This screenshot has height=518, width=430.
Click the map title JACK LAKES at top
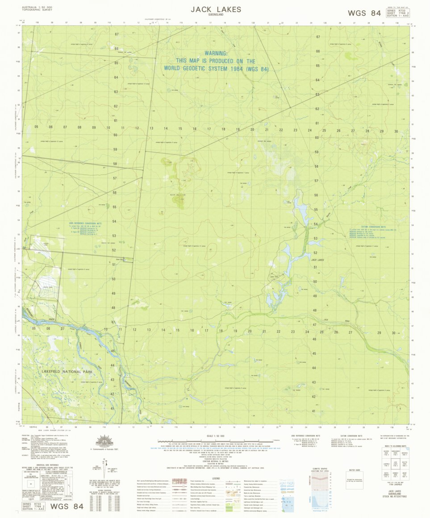pyautogui.click(x=216, y=9)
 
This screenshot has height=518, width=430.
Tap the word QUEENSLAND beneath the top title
pyautogui.click(x=216, y=15)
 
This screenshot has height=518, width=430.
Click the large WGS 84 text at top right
pyautogui.click(x=364, y=13)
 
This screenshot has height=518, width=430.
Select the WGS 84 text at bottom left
pyautogui.click(x=67, y=506)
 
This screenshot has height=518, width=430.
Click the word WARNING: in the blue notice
pyautogui.click(x=216, y=53)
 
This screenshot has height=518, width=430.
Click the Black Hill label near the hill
pyautogui.click(x=178, y=195)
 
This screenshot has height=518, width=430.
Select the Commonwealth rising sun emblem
pyautogui.click(x=105, y=442)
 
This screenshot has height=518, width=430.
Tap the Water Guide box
pyautogui.click(x=355, y=481)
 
